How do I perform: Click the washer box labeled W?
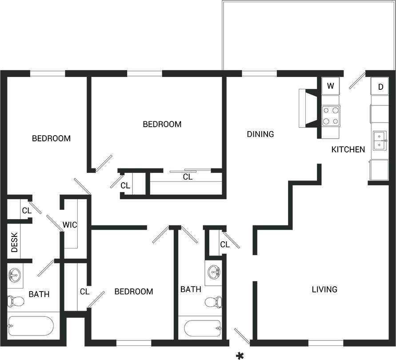coord(330,86)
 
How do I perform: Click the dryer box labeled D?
coord(380,87)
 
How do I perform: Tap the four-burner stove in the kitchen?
coord(331,116)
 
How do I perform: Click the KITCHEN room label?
coord(348,150)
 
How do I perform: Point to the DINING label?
coord(260,134)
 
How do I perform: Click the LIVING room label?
coord(324,290)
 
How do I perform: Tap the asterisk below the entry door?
coord(240,355)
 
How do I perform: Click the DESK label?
coord(14,243)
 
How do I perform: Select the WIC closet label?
coord(70,225)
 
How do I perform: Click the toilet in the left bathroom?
coord(16,301)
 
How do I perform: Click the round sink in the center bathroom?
coord(214,271)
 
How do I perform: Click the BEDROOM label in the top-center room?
coord(162,124)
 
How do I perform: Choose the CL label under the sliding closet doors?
coord(188,177)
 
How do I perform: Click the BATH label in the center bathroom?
coord(191,290)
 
